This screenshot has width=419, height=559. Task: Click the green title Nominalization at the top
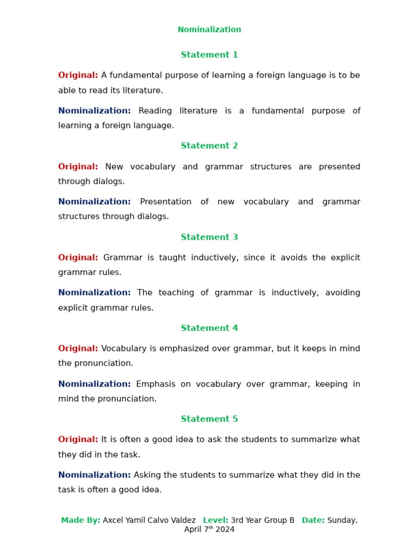[209, 30]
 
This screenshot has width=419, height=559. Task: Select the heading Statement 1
[209, 55]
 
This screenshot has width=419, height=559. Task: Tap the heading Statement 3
[209, 237]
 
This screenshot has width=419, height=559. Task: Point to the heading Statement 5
[209, 419]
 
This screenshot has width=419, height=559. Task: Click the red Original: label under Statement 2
[78, 167]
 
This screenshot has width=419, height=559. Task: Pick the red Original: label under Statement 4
[78, 349]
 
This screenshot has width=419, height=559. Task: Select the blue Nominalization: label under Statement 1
[94, 111]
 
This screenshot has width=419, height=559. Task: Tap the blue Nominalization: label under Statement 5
[94, 475]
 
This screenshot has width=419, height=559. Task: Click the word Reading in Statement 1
[155, 111]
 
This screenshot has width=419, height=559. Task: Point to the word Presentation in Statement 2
[166, 202]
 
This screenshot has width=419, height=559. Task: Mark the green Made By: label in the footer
[81, 520]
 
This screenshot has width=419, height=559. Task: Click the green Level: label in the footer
[216, 520]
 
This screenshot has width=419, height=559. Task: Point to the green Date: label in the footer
[313, 520]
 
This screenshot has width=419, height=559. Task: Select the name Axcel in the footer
[113, 520]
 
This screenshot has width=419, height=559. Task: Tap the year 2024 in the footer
[225, 530]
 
